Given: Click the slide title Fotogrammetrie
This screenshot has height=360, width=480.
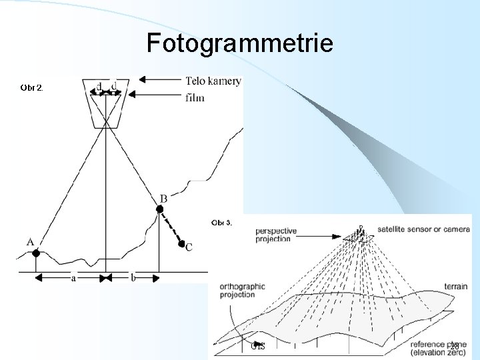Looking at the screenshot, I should click(x=239, y=43).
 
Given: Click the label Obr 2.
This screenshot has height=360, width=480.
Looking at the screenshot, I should click(x=32, y=87).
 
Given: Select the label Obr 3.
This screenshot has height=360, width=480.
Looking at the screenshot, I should click(x=221, y=222).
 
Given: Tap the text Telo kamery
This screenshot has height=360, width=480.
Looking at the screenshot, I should click(x=213, y=81).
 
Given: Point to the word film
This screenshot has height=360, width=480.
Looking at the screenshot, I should click(x=195, y=97).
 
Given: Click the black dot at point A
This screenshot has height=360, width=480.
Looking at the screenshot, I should click(x=36, y=253).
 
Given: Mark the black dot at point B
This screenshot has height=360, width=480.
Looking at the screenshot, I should click(x=159, y=210).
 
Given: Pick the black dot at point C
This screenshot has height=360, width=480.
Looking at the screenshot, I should click(x=181, y=244).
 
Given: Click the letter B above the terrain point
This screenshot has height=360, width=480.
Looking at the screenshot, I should click(x=163, y=199).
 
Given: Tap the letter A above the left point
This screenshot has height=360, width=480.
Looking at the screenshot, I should click(x=31, y=241).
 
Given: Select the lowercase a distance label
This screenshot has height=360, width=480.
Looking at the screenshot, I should click(x=73, y=278).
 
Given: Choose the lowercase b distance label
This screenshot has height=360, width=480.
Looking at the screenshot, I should click(x=133, y=278).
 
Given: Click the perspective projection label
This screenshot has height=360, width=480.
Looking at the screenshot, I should click(x=277, y=235).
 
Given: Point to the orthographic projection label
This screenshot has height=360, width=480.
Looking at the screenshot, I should click(x=242, y=291).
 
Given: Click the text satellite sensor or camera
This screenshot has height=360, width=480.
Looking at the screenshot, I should click(x=423, y=229).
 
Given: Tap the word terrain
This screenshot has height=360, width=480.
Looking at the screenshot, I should click(x=455, y=287).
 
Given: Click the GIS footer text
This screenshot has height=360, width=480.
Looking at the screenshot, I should click(x=258, y=346).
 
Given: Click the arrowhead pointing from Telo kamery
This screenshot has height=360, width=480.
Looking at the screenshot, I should click(x=142, y=79).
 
